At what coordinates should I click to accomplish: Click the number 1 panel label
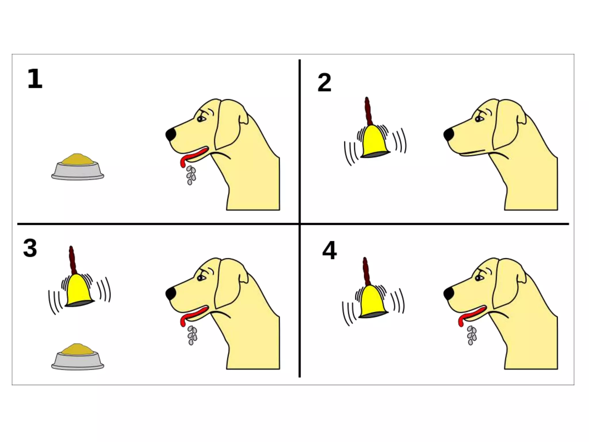coord(35,79)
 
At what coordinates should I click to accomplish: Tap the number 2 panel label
coord(324,83)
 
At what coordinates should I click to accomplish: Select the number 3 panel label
coord(30,248)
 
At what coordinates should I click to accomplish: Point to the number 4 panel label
coord(330,250)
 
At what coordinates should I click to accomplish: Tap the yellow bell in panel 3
coord(79,291)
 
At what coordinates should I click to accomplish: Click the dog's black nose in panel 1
coord(171,134)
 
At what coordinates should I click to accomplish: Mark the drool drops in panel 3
coord(192,335)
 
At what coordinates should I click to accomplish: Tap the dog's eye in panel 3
coord(200,278)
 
